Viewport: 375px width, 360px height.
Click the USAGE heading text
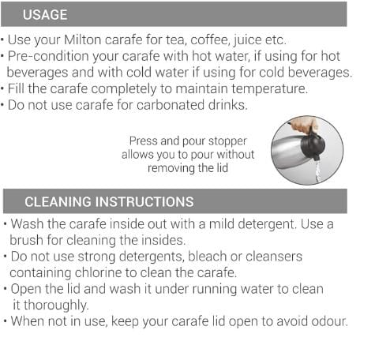(45, 15)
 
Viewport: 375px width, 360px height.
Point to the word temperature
(269, 89)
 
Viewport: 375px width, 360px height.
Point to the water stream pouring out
(318, 171)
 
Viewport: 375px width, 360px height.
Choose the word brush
(26, 241)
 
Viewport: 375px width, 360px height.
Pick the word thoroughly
(56, 306)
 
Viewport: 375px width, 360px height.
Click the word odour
(329, 321)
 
